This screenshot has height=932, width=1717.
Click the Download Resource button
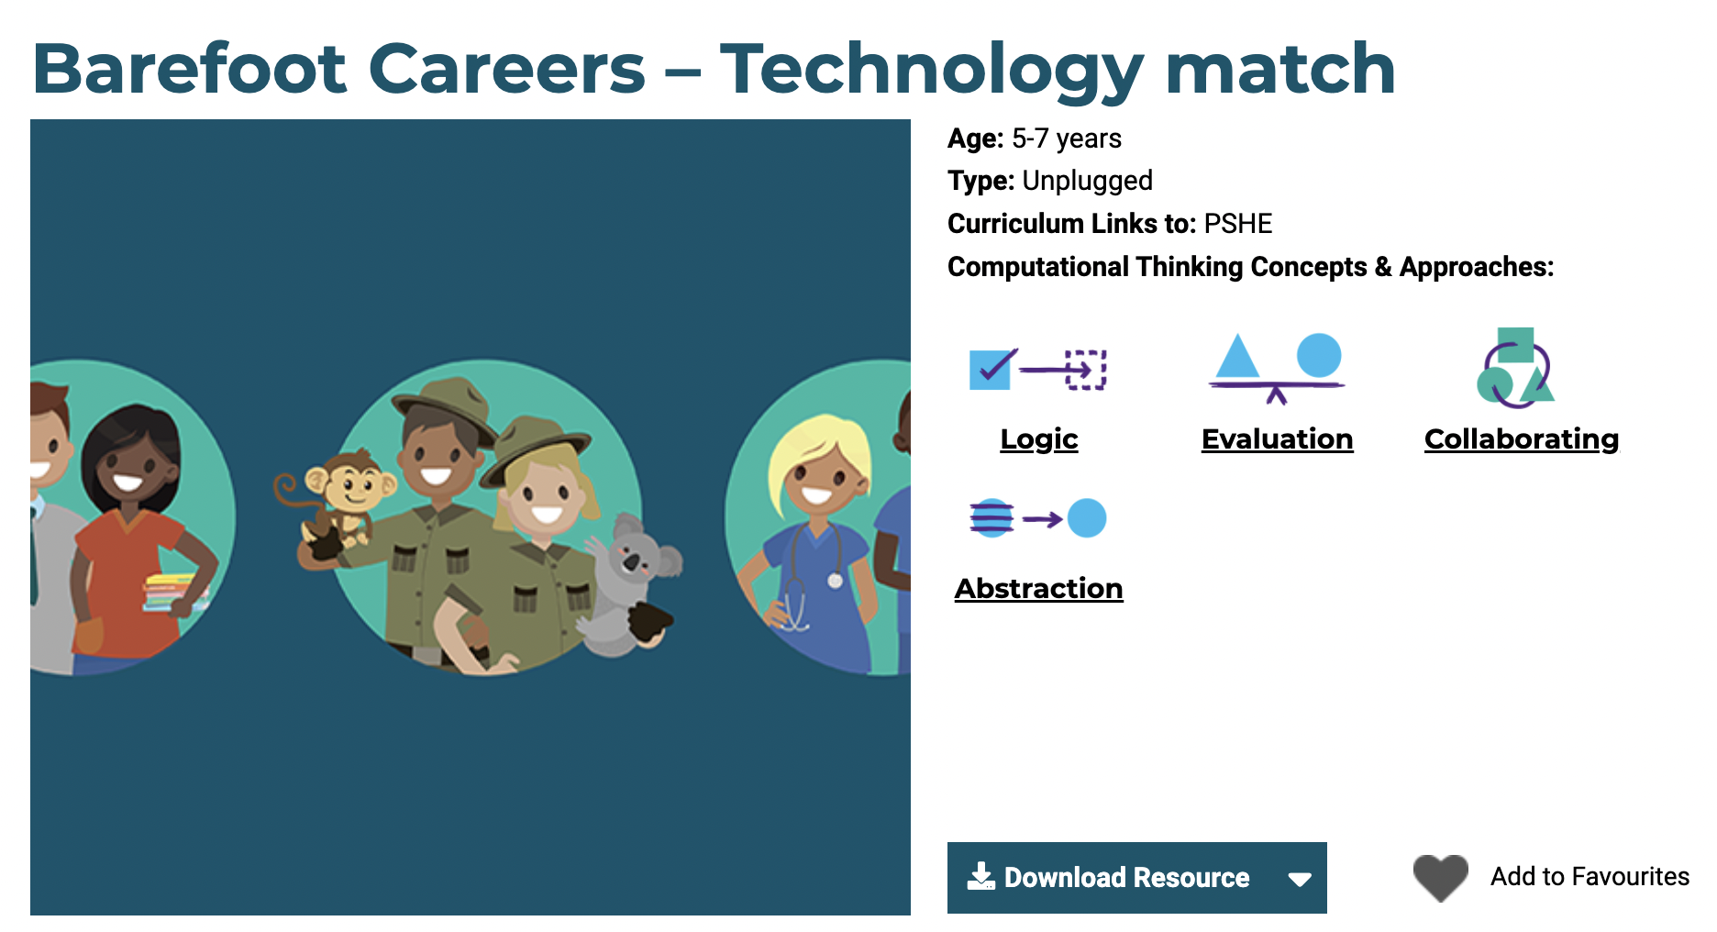pyautogui.click(x=1136, y=877)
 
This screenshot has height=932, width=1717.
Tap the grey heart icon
pyautogui.click(x=1440, y=877)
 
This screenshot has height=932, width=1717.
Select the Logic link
pyautogui.click(x=1039, y=438)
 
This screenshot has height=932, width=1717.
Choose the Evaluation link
pyautogui.click(x=1277, y=438)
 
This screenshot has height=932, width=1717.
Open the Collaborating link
pyautogui.click(x=1522, y=438)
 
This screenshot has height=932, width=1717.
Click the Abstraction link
pyautogui.click(x=1038, y=588)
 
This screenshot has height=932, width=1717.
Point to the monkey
pyautogui.click(x=335, y=505)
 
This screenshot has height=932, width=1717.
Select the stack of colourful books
pyautogui.click(x=173, y=593)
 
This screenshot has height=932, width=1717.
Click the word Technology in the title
pyautogui.click(x=932, y=70)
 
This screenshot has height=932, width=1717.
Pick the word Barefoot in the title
pyautogui.click(x=190, y=69)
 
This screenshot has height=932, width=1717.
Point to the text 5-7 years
pyautogui.click(x=1067, y=139)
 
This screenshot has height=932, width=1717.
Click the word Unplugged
pyautogui.click(x=1087, y=181)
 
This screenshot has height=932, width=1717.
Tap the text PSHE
pyautogui.click(x=1238, y=224)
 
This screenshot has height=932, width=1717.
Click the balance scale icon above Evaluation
pyautogui.click(x=1276, y=368)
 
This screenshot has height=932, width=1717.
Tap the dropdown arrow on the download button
pyautogui.click(x=1299, y=879)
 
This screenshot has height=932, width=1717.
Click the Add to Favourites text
pyautogui.click(x=1590, y=877)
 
